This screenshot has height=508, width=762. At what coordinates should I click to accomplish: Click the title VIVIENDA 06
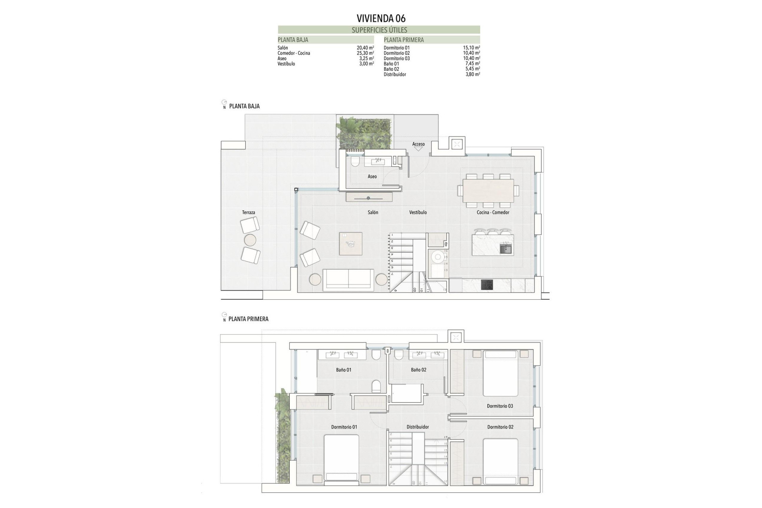click(x=381, y=18)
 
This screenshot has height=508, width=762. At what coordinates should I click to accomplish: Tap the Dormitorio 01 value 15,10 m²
click(x=471, y=48)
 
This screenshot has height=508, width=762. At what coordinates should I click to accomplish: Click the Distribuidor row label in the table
click(x=394, y=74)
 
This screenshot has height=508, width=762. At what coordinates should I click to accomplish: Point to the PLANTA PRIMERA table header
click(x=404, y=40)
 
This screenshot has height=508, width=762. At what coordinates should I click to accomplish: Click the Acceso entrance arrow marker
click(x=418, y=149)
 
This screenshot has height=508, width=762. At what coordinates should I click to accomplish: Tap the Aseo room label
click(x=372, y=177)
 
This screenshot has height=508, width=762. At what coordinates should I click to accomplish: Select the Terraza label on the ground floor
click(x=248, y=213)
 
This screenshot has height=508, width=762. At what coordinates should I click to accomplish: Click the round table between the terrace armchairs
click(x=250, y=240)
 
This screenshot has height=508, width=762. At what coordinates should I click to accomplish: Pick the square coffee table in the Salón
click(x=350, y=244)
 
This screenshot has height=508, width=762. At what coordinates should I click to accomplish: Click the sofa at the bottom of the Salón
click(x=348, y=279)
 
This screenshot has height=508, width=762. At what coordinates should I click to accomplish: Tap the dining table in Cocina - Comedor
click(x=488, y=191)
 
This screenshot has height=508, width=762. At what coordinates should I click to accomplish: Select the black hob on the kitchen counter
click(x=487, y=285)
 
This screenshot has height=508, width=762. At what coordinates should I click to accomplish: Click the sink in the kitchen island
click(x=505, y=249)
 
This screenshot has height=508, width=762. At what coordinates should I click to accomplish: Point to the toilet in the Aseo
click(x=355, y=162)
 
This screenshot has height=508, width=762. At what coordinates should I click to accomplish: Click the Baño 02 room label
click(x=418, y=370)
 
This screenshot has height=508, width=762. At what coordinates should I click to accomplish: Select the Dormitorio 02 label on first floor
click(x=500, y=427)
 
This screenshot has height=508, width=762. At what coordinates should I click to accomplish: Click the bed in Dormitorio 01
click(x=341, y=458)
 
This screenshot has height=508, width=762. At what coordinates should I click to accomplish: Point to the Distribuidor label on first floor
click(x=418, y=427)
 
